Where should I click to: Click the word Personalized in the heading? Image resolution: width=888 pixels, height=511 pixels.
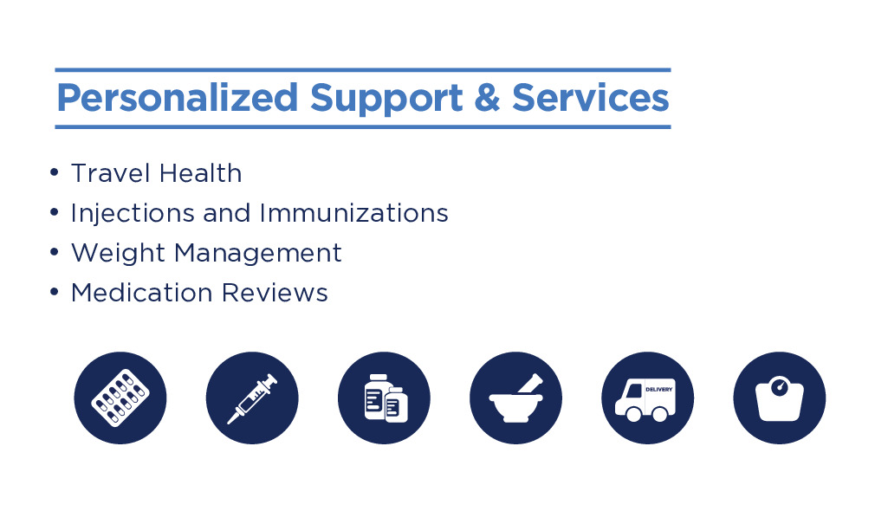(178, 99)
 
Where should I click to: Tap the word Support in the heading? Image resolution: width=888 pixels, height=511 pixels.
(386, 99)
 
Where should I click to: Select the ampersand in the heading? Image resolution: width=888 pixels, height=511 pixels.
(487, 97)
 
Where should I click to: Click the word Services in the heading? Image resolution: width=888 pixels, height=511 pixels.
(591, 97)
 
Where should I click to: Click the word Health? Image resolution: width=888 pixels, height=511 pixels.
(200, 173)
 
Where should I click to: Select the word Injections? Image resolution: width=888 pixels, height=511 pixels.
(132, 214)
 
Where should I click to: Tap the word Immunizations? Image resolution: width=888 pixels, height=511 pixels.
(354, 213)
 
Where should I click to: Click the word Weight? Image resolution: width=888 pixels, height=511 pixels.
(117, 254)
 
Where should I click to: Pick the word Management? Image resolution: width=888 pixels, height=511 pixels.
(258, 254)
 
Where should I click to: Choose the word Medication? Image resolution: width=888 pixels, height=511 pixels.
(141, 293)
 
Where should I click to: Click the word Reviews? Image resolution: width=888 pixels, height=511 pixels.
(275, 293)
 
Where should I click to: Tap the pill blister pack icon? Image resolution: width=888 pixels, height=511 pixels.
(120, 398)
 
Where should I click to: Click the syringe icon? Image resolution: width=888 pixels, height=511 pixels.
(252, 398)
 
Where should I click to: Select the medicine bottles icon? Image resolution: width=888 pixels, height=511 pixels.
(384, 398)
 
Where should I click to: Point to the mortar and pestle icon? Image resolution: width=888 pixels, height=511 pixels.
(516, 398)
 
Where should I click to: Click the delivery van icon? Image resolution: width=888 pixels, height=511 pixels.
(648, 398)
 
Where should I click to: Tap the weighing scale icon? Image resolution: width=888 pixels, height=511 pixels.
(780, 398)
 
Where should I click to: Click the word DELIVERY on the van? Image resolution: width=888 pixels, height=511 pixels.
(659, 390)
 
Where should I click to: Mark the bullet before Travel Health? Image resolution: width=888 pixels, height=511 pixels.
(55, 172)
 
